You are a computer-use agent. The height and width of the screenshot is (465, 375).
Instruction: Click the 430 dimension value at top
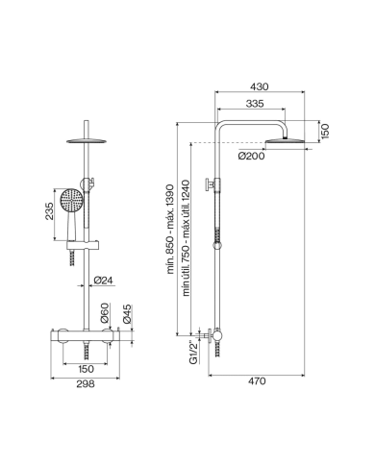(258, 86)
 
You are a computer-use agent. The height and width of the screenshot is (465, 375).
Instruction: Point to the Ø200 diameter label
(252, 157)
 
